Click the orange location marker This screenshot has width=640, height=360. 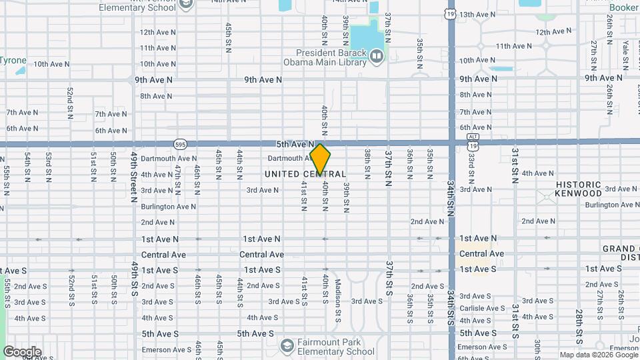(x=320, y=159)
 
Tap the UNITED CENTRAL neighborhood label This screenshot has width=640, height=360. (x=305, y=174)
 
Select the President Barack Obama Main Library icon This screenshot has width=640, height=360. (x=377, y=57)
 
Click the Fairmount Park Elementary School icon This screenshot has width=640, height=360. (x=287, y=345)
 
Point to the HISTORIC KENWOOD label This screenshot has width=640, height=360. (x=579, y=188)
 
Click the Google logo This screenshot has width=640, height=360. (x=22, y=351)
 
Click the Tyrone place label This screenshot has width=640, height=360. (x=13, y=60)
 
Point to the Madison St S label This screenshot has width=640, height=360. (x=338, y=293)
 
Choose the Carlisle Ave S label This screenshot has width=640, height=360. (x=482, y=308)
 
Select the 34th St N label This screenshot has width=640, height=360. (x=451, y=194)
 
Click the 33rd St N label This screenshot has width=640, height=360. (x=471, y=167)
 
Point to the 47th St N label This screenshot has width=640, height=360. (x=177, y=175)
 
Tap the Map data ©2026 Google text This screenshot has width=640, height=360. (x=597, y=355)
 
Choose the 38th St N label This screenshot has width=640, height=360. (x=367, y=164)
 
